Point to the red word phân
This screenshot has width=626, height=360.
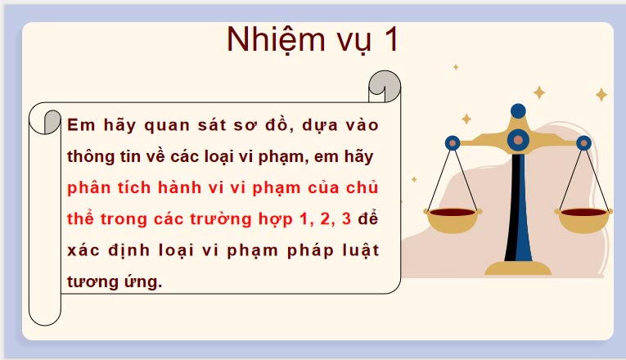point(90,188)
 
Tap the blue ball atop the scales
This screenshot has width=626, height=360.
point(518,110)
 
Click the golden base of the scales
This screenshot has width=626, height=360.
point(518,268)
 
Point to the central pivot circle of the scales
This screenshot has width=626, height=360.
point(517,141)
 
